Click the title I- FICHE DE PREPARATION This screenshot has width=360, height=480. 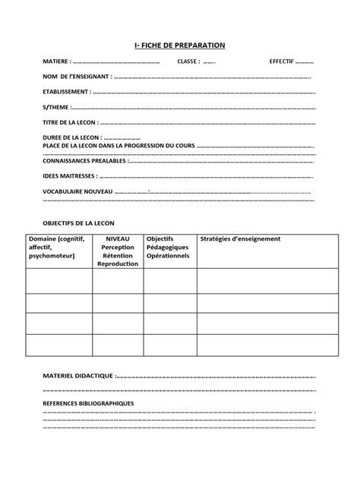point(180,45)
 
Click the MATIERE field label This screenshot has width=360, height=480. point(57,61)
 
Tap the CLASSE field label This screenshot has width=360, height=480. point(188,61)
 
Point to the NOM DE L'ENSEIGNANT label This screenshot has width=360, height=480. point(77,76)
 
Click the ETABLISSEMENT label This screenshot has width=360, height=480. point(67,91)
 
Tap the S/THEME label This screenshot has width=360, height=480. point(55,106)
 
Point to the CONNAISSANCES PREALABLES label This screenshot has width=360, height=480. point(84,160)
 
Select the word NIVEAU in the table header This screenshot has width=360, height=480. point(118,238)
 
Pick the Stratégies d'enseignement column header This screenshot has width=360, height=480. point(241,238)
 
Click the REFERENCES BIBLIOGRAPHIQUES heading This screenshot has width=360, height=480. point(88,403)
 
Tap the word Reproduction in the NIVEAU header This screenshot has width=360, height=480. point(118,264)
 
